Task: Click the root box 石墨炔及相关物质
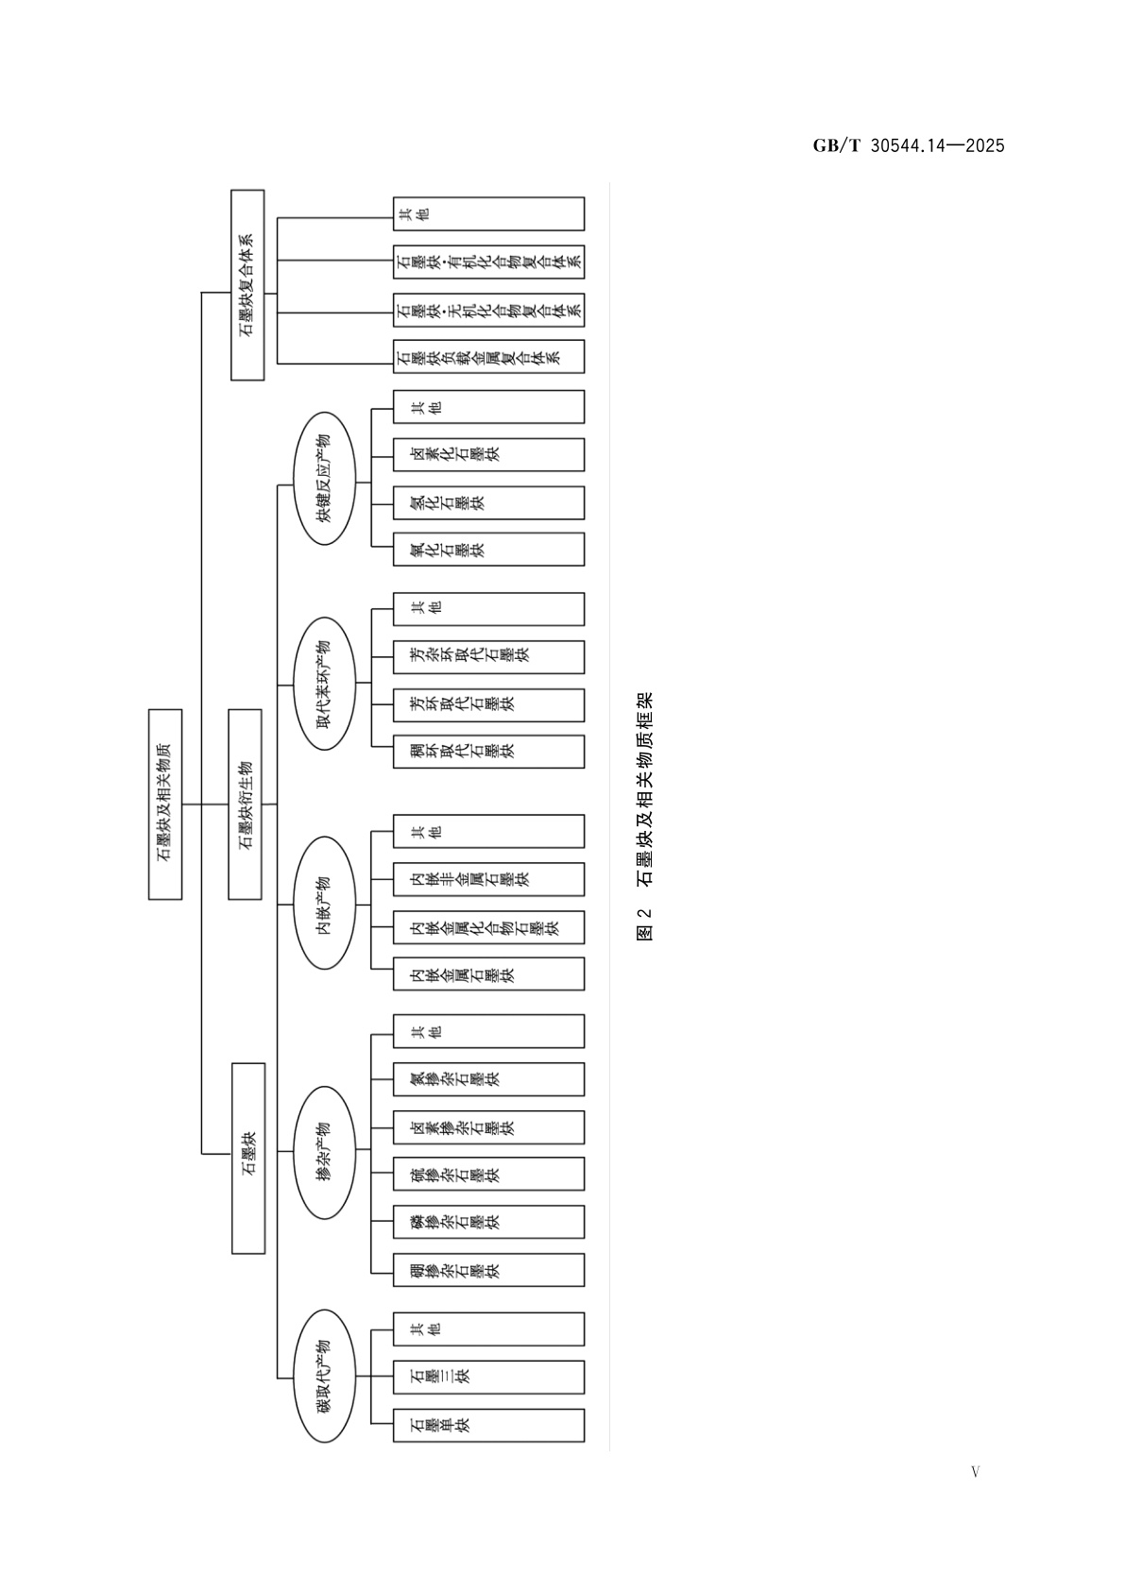[165, 804]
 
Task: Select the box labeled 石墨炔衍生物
[246, 804]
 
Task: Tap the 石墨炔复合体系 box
[247, 285]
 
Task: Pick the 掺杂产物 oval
[324, 1150]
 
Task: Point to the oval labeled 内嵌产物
[324, 904]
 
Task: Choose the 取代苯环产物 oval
[324, 684]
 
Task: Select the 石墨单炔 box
[488, 1425]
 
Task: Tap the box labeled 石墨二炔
[488, 1377]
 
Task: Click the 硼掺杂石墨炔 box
[488, 1270]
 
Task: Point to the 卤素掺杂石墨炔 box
[488, 1127]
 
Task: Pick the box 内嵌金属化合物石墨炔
[488, 927]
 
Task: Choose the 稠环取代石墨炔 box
[488, 752]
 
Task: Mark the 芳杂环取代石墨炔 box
[488, 656]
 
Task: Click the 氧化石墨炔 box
[488, 550]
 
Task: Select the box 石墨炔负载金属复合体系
[488, 357]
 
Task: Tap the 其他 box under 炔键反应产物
[488, 407]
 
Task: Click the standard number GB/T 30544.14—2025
[909, 145]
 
